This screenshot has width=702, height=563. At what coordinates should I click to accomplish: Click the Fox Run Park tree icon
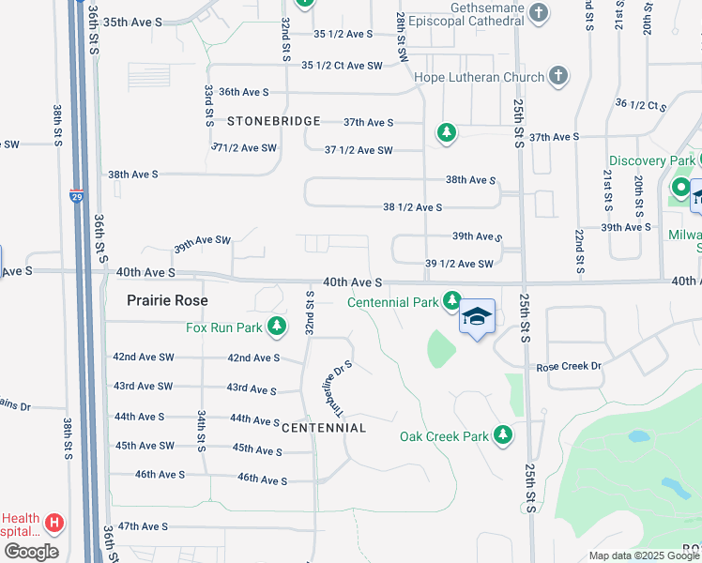[277, 327]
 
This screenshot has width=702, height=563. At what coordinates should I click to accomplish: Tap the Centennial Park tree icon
[452, 301]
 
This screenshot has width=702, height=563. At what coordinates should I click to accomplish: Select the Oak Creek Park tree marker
[504, 435]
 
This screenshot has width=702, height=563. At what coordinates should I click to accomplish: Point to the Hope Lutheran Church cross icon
[557, 76]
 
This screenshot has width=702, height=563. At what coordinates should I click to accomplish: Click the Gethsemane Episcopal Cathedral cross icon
[539, 13]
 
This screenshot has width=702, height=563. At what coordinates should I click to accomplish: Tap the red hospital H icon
[55, 522]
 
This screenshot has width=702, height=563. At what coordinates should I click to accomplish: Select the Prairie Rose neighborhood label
[167, 300]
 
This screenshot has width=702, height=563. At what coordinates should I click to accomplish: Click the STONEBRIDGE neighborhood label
[274, 122]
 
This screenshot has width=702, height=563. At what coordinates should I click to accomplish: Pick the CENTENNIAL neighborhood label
[324, 428]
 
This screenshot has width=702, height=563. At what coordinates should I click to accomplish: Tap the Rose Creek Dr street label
[567, 366]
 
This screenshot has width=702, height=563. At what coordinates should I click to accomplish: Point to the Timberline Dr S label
[336, 384]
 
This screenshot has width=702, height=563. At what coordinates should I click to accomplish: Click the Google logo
[30, 552]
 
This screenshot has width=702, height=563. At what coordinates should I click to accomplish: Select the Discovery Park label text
[652, 161]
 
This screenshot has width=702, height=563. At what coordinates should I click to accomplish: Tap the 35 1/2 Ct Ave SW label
[343, 66]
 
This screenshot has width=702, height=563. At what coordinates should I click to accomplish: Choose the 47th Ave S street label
[143, 526]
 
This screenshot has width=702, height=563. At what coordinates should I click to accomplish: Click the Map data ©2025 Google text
[644, 555]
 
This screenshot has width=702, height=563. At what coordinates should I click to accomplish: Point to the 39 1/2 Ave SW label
[459, 264]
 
